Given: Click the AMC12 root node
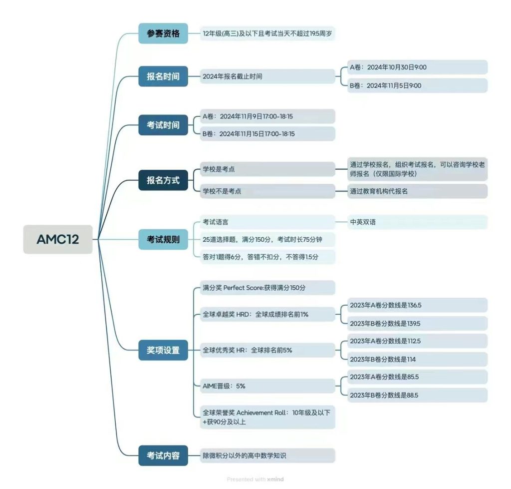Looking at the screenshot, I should pyautogui.click(x=58, y=239).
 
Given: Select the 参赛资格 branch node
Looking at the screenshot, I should pyautogui.click(x=163, y=33).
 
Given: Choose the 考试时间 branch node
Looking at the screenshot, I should pyautogui.click(x=163, y=125).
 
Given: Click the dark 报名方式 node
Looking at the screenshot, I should pyautogui.click(x=163, y=180).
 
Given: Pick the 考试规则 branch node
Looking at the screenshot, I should pyautogui.click(x=163, y=240).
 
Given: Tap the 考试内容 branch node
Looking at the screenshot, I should pyautogui.click(x=163, y=456).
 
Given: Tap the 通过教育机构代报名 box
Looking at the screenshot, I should pyautogui.click(x=417, y=191).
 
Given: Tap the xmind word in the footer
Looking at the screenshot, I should pyautogui.click(x=275, y=480).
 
